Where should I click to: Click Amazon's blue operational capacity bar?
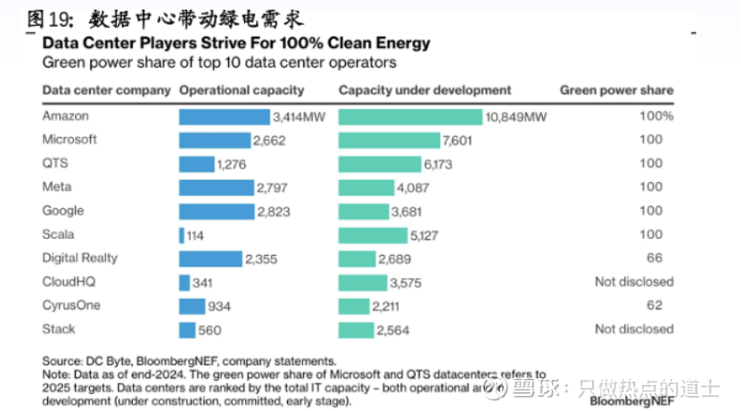click(224, 117)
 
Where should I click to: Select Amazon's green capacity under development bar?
click(410, 117)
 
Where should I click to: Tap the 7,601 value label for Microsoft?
click(457, 140)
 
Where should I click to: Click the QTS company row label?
click(54, 163)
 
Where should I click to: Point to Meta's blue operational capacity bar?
click(216, 187)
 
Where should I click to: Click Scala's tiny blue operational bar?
click(182, 235)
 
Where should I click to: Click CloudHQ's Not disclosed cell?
click(634, 282)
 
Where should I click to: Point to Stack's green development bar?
click(356, 330)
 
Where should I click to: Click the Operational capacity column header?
click(242, 90)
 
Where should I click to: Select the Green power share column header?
click(616, 90)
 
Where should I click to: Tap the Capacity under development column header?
click(424, 90)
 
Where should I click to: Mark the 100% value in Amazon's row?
click(656, 117)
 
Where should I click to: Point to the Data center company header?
click(106, 90)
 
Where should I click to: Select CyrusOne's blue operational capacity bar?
click(193, 306)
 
